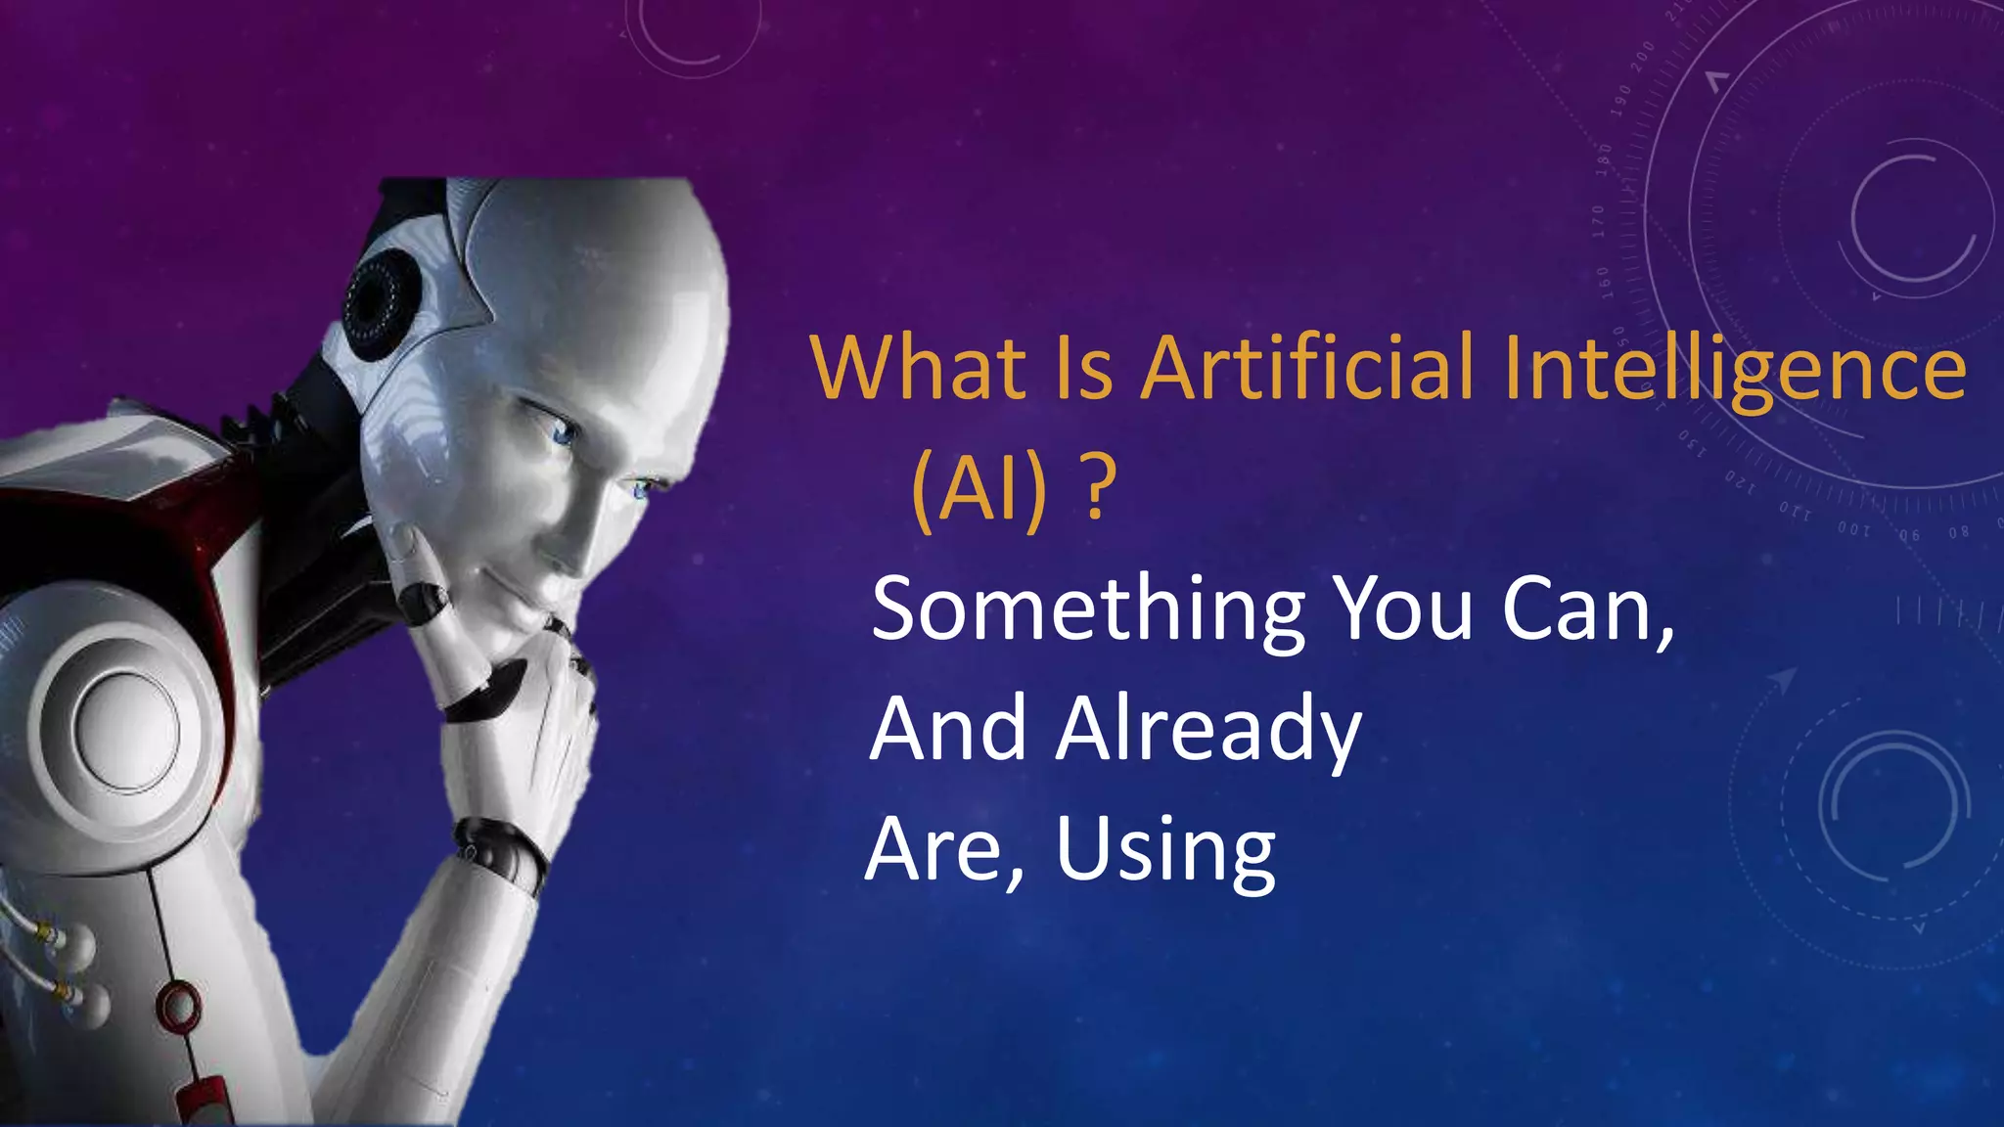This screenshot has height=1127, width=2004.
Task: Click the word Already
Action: pyautogui.click(x=1208, y=731)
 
